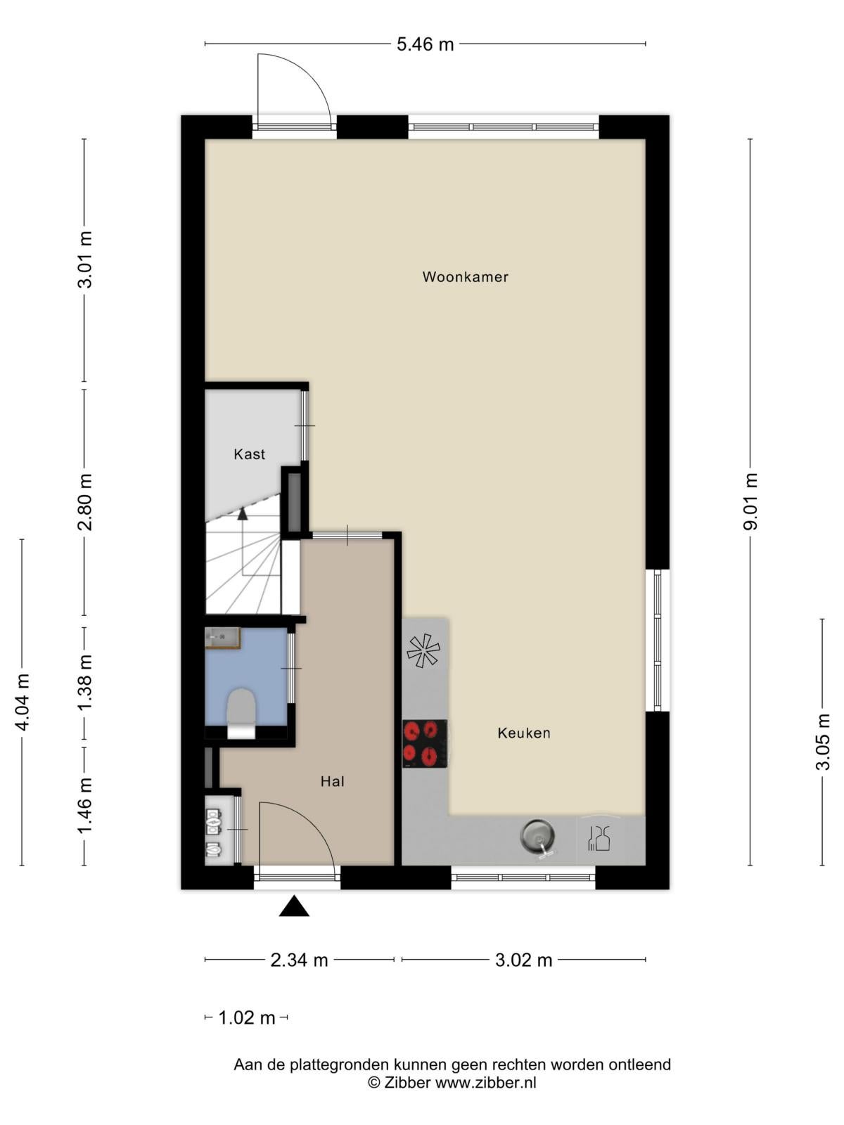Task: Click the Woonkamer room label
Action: point(465,277)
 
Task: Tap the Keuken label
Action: point(524,733)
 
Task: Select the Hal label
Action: point(332,782)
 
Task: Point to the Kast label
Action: point(249,454)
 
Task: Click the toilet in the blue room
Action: point(241,713)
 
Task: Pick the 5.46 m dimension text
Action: point(425,44)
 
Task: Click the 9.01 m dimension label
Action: point(750,501)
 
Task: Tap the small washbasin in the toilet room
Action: point(223,638)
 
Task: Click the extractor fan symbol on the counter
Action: point(423,650)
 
